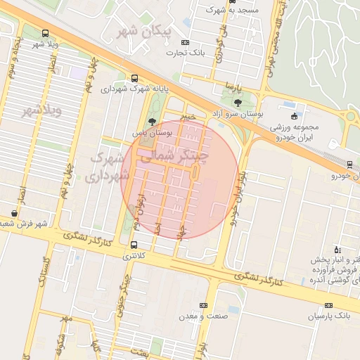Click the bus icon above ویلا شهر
point(46,33)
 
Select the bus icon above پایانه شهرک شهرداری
point(134,79)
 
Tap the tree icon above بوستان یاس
point(153,122)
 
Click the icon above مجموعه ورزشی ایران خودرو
point(294,116)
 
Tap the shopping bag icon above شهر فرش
point(15,213)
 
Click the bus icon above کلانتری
point(134,245)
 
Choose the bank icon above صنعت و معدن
point(204,305)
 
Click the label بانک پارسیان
point(328,317)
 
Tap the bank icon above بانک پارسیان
point(329,306)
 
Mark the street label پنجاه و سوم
point(13,60)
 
